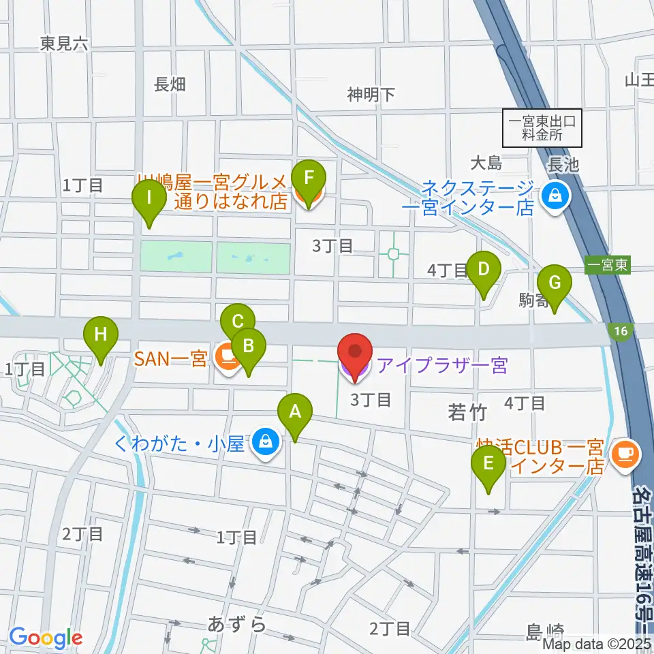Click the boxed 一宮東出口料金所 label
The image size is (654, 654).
pyautogui.click(x=543, y=128)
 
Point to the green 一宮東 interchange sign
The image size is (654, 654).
pyautogui.click(x=608, y=266)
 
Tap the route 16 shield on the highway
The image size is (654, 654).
pyautogui.click(x=619, y=330)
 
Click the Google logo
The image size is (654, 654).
pyautogui.click(x=46, y=638)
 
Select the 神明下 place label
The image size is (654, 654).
pyautogui.click(x=371, y=95)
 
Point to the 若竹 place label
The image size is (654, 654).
pyautogui.click(x=467, y=411)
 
